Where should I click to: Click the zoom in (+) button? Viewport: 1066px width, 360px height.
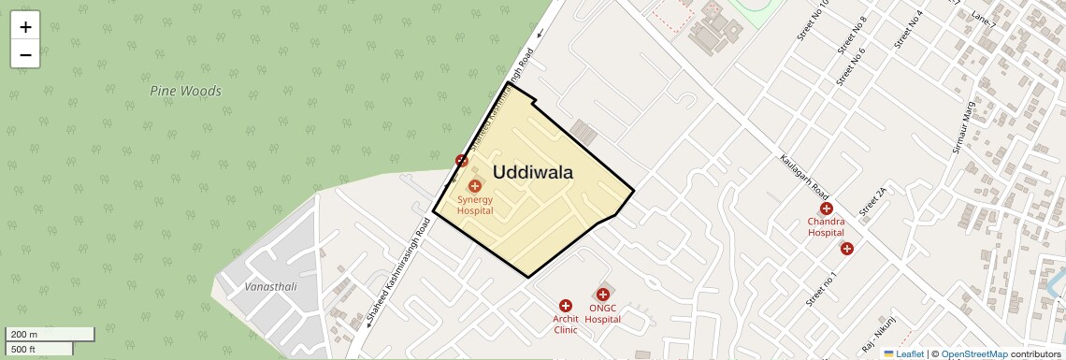25,27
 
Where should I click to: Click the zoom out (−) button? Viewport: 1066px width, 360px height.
25,54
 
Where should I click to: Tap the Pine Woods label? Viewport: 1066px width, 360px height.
185,91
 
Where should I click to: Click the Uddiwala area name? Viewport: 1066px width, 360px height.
532,172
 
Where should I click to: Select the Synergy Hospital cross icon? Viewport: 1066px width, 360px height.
475,186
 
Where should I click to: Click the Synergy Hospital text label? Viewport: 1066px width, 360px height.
475,205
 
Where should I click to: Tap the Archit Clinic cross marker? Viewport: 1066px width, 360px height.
565,306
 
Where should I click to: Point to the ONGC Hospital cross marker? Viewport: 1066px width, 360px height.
603,295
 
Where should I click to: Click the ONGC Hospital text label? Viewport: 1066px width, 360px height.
603,313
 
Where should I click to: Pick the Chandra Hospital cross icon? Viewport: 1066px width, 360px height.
826,209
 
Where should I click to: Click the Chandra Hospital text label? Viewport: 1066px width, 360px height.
826,227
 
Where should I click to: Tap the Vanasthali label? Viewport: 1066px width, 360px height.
270,286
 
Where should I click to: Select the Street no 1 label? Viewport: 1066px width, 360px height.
821,288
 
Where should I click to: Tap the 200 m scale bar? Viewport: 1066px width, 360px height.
50,334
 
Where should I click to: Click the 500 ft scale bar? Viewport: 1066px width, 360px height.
38,349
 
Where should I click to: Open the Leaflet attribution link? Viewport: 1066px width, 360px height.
903,353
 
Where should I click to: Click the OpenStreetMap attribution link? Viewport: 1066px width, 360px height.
973,353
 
